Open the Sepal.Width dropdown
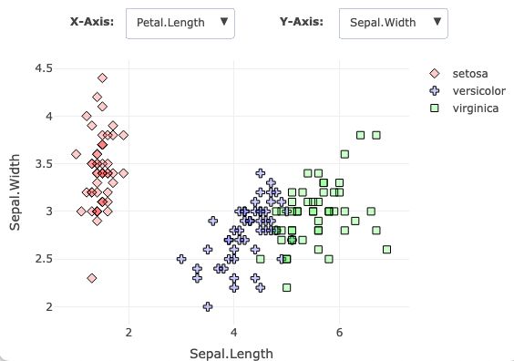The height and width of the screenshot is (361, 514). [393, 22]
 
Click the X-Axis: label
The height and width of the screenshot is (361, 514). [91, 20]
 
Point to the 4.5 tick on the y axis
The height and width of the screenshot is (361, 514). [43, 68]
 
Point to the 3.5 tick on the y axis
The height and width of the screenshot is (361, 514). [43, 164]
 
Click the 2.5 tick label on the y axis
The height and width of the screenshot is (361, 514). [43, 259]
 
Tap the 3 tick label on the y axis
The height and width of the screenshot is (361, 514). [47, 211]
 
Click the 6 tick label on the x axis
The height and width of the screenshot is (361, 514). [339, 331]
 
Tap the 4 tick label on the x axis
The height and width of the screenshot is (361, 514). [234, 331]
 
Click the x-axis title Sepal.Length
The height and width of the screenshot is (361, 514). [231, 352]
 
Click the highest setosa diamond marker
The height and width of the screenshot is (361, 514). [102, 77]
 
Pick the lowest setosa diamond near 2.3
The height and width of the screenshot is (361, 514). [92, 278]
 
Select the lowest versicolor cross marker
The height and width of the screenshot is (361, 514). [208, 306]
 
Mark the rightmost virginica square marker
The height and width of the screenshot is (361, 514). [386, 249]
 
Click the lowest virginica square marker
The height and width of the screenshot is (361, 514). [287, 287]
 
